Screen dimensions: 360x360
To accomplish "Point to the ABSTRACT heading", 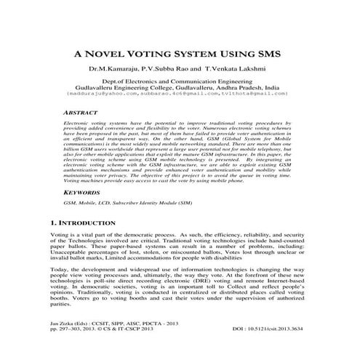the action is (x=72, y=114).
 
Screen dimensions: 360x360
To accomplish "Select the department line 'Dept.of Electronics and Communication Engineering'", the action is (x=180, y=82).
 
